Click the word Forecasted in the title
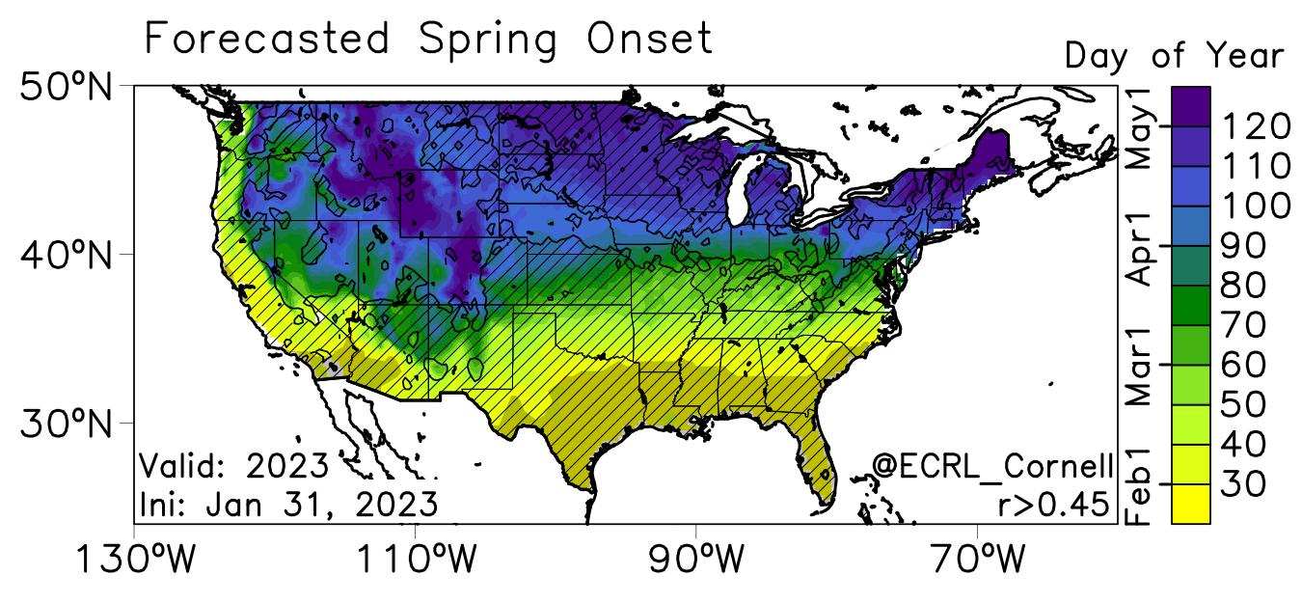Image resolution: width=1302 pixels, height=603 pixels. point(266,40)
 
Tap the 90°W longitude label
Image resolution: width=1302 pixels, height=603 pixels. point(695,559)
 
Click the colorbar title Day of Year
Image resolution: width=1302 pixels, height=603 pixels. point(1174,56)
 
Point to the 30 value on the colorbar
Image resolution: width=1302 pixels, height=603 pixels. point(1244,483)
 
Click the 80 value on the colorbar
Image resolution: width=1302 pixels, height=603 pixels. point(1244,286)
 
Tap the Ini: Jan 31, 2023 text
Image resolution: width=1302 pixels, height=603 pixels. point(288,504)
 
